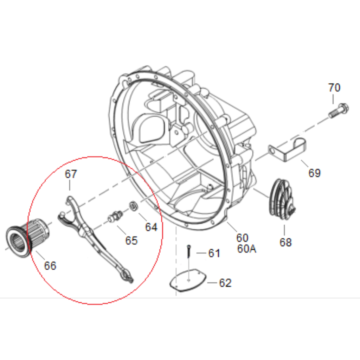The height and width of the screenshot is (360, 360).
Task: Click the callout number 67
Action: click(71, 174)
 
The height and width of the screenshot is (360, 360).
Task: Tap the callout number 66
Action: click(50, 266)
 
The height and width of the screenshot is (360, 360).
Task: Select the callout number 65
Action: click(131, 240)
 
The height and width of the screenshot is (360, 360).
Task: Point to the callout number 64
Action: click(151, 227)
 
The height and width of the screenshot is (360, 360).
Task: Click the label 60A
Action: click(246, 249)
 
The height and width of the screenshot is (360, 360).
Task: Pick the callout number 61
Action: click(214, 253)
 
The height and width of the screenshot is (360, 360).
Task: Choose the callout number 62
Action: click(225, 283)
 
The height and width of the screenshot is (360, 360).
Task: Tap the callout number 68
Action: click(285, 242)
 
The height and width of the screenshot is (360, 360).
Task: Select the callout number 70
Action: click(334, 88)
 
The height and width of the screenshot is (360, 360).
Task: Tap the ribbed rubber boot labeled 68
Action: click(282, 199)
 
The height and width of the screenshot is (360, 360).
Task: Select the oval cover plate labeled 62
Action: click(188, 281)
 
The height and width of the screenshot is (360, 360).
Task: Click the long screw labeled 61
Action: click(189, 251)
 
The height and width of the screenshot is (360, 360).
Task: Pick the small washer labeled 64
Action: click(133, 206)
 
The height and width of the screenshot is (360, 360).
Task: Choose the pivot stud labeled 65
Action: click(115, 216)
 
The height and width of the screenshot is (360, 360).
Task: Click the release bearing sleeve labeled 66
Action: click(27, 238)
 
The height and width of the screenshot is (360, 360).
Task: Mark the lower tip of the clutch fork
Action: click(132, 282)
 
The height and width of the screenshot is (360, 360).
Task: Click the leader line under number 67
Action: click(70, 185)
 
